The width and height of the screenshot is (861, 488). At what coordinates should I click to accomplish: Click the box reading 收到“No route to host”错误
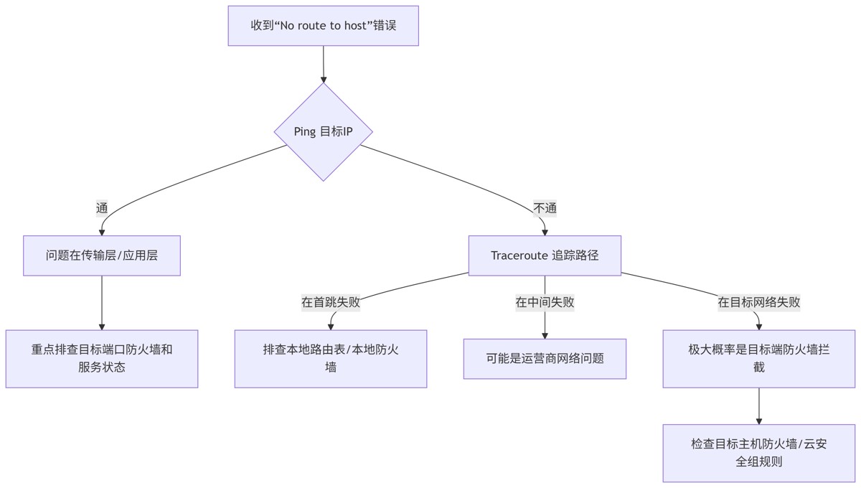pyautogui.click(x=323, y=26)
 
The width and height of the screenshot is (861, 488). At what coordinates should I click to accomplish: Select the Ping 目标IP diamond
pyautogui.click(x=323, y=131)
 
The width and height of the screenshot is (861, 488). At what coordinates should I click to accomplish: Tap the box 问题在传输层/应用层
pyautogui.click(x=102, y=255)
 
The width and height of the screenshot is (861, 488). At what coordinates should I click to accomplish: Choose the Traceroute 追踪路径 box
pyautogui.click(x=545, y=255)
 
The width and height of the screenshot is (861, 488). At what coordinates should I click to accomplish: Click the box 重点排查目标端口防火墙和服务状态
pyautogui.click(x=102, y=359)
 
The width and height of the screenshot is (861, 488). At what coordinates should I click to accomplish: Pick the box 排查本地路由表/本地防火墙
pyautogui.click(x=331, y=359)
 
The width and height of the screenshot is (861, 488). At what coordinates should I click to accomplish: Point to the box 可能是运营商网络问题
pyautogui.click(x=545, y=358)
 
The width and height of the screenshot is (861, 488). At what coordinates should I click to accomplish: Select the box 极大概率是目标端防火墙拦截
pyautogui.click(x=759, y=359)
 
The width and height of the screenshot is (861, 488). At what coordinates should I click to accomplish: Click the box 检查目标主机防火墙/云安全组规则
pyautogui.click(x=759, y=453)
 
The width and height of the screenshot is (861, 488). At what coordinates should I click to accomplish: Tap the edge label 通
pyautogui.click(x=102, y=208)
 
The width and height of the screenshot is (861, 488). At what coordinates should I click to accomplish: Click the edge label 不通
pyautogui.click(x=545, y=208)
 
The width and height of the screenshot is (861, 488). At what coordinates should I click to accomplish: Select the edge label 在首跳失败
pyautogui.click(x=331, y=302)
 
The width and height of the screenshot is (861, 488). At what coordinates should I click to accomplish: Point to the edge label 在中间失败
pyautogui.click(x=545, y=302)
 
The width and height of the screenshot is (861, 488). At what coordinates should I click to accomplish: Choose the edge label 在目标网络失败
pyautogui.click(x=759, y=302)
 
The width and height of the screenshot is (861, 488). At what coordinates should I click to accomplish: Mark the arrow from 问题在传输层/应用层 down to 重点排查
pyautogui.click(x=102, y=301)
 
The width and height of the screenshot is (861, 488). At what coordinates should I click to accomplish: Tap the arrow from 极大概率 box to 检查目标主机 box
pyautogui.click(x=759, y=405)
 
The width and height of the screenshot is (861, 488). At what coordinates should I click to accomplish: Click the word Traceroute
pyautogui.click(x=519, y=255)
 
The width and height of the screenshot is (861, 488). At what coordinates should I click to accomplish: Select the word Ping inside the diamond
pyautogui.click(x=305, y=131)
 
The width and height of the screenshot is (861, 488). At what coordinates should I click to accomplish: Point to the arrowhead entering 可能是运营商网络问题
pyautogui.click(x=545, y=334)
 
